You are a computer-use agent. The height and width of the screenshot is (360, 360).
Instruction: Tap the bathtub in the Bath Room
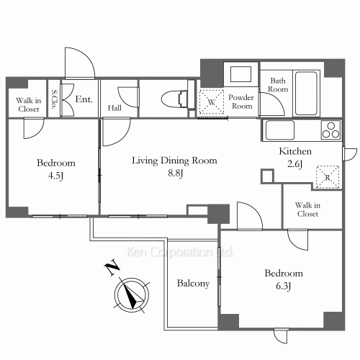click(x=306, y=93)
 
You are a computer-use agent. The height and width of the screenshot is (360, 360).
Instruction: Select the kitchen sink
click(x=279, y=130)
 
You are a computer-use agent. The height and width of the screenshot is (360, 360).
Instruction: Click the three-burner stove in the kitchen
click(x=331, y=130)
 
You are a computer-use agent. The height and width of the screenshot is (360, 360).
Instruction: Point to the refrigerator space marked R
click(x=328, y=177)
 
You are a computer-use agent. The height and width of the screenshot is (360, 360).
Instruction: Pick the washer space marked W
click(x=212, y=102)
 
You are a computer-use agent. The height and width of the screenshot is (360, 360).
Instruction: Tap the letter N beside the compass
click(x=112, y=267)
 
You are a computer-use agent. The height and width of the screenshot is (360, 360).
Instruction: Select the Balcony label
click(x=193, y=284)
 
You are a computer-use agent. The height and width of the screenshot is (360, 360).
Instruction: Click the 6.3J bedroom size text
click(x=284, y=286)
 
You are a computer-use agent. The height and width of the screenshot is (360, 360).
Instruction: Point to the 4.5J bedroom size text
click(x=55, y=176)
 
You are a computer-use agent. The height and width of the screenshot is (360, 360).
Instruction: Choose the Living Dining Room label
click(x=174, y=161)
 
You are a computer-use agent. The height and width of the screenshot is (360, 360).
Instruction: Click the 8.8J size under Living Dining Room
click(x=176, y=173)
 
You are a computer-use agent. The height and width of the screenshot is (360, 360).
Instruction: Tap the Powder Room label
click(x=241, y=102)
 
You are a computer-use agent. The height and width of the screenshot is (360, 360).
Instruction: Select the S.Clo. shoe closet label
click(x=55, y=99)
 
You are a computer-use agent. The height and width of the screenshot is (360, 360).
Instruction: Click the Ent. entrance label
click(x=84, y=99)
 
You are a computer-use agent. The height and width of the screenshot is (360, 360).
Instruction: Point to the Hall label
click(x=114, y=108)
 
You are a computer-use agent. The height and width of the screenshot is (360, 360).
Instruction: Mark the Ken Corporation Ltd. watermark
click(x=180, y=252)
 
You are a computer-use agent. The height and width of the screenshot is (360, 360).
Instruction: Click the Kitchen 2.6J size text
click(x=295, y=164)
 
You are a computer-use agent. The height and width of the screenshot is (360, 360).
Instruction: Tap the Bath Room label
click(x=278, y=85)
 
